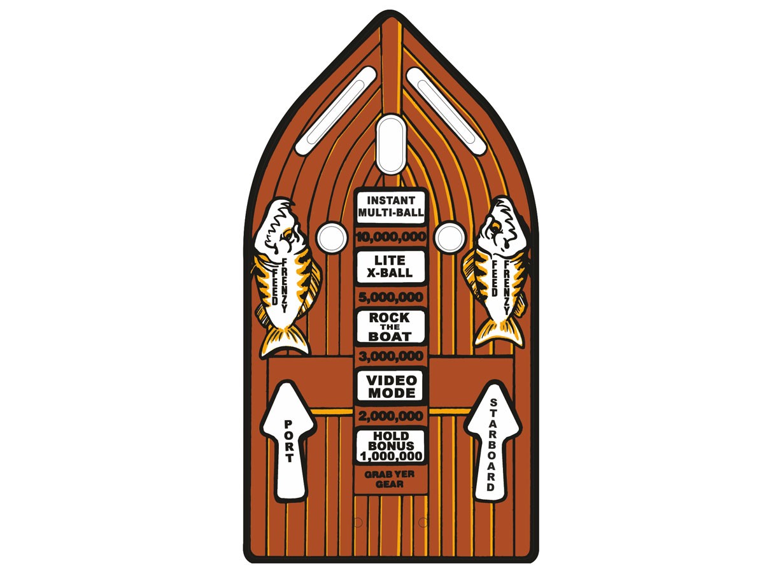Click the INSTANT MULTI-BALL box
(x=390, y=207)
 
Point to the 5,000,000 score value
(x=390, y=297)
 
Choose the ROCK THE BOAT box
(x=390, y=327)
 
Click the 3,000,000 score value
(x=390, y=356)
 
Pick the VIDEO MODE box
(x=390, y=386)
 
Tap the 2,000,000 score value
(x=390, y=416)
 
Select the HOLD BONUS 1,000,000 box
(x=390, y=446)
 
